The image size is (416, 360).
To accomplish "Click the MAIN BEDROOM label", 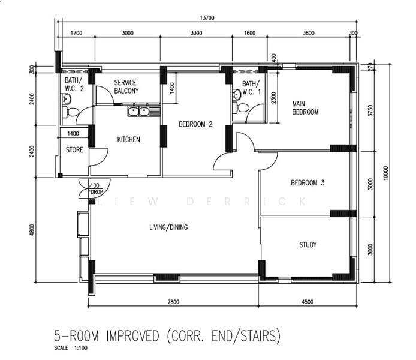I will coord(305,107).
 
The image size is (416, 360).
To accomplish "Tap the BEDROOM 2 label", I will coord(195,125).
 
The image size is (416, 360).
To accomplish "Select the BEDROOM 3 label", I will coord(308,183).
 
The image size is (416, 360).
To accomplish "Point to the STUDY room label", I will coord(308,245).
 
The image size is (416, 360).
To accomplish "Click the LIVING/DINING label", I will coord(168,227).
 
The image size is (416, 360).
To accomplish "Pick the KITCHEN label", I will coord(128,140).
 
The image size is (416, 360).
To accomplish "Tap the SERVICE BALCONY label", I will coord(126,87).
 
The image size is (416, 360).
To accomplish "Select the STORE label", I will coord(74,150).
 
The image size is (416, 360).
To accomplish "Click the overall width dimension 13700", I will coord(207,18).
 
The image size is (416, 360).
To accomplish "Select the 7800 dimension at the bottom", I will coord(173,302).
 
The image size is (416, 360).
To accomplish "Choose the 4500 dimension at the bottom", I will coord(307,302).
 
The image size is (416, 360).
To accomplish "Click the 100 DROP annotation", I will coord(96,189).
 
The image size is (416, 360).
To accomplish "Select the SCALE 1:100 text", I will coord(70,348).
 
